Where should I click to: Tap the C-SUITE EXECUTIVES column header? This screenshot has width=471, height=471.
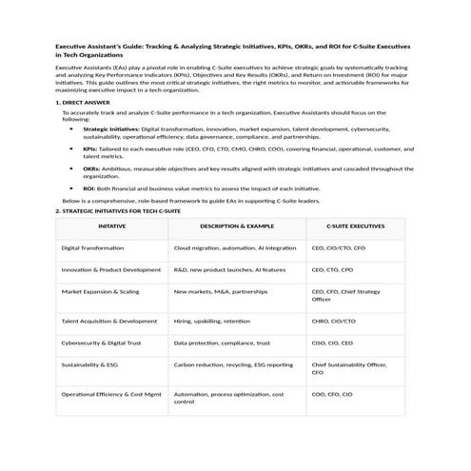(x=355, y=227)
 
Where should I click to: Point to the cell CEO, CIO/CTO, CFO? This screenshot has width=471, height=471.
(x=338, y=247)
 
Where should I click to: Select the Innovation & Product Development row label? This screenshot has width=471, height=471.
(x=110, y=269)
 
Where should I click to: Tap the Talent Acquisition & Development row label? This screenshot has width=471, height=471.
(x=108, y=321)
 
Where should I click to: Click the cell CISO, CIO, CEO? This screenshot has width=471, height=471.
(x=332, y=343)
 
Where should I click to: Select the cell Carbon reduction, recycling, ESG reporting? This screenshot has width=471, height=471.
(x=233, y=364)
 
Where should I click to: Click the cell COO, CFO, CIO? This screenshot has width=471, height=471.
(x=332, y=393)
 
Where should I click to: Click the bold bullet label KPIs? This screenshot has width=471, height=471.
(x=90, y=148)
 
